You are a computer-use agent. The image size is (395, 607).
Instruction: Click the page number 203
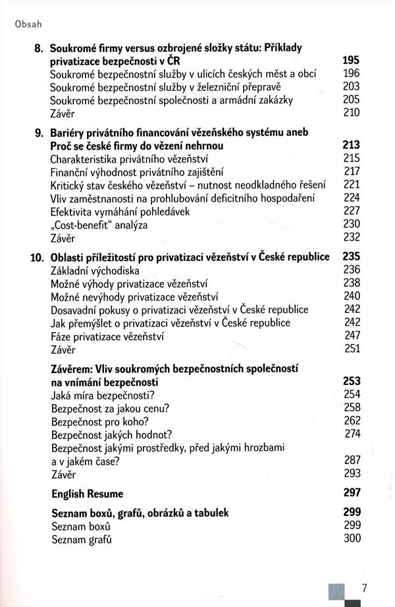[352, 86]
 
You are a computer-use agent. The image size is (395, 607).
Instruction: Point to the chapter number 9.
[39, 132]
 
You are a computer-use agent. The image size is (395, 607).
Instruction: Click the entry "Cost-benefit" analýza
[99, 224]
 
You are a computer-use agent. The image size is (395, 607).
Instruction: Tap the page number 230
[352, 224]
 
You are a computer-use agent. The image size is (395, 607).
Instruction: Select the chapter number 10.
[37, 257]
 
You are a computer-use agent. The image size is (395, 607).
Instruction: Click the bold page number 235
[352, 257]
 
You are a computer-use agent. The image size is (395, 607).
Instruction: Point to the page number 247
[352, 335]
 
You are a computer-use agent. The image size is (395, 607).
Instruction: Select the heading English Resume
[87, 493]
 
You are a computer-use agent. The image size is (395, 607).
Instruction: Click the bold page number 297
[352, 493]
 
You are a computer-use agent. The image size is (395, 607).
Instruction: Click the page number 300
[352, 539]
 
